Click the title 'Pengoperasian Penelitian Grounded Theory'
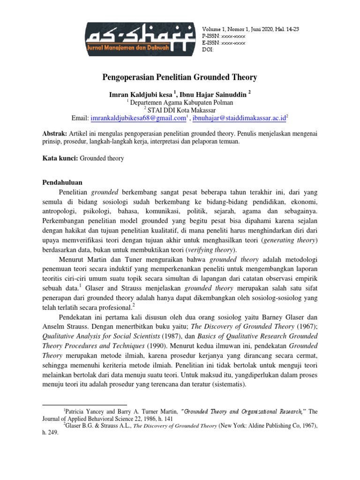coord(180,76)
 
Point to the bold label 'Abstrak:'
coord(55,134)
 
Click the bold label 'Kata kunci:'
coord(60,158)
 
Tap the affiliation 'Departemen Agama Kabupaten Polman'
coord(181,102)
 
